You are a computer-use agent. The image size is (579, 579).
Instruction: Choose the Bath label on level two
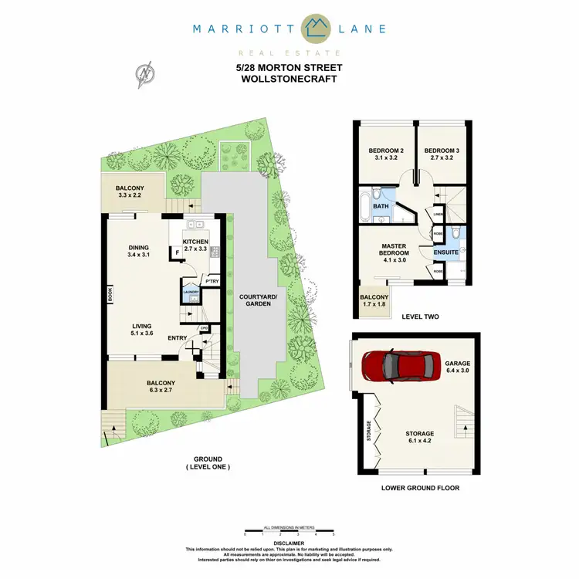click(381, 206)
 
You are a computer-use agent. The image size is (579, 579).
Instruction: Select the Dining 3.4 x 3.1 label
click(142, 251)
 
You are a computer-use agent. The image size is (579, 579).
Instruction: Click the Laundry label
click(191, 292)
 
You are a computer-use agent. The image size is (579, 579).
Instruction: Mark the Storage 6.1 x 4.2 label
click(421, 438)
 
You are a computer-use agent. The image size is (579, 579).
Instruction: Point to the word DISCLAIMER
click(289, 543)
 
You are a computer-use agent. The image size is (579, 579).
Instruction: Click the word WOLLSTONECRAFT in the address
click(289, 79)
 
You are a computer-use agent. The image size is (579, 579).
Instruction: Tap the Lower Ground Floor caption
click(421, 488)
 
